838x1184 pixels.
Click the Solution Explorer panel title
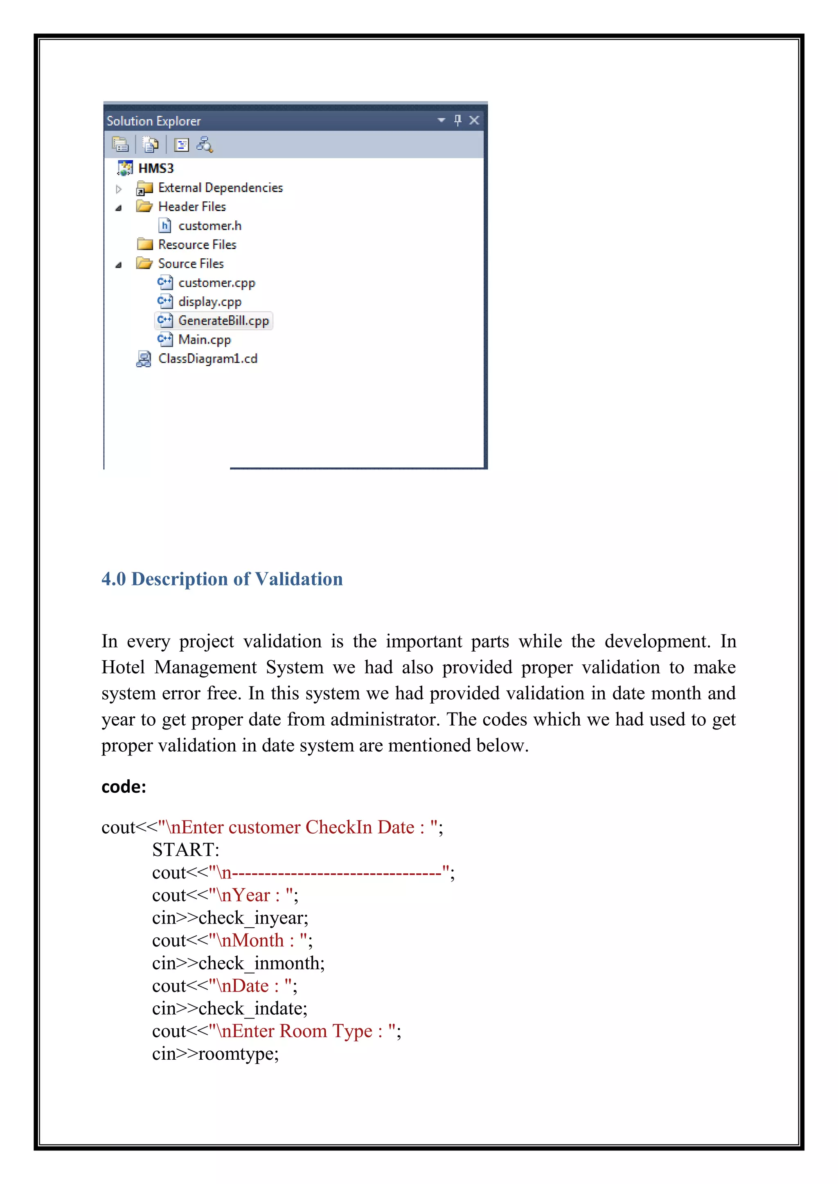153,121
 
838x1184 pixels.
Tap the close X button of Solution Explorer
474,120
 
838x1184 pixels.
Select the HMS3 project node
156,168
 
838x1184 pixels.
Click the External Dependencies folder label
220,188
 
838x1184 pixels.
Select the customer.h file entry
209,226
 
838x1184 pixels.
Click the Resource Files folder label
197,245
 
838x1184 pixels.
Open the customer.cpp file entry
217,283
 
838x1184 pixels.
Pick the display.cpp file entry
209,302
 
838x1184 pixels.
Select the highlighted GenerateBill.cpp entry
223,321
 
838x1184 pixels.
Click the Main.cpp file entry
204,340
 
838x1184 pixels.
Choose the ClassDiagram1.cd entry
207,359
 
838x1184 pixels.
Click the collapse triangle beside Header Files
119,208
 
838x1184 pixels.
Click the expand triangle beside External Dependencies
119,189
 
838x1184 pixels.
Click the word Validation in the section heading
299,579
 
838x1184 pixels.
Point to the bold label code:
124,787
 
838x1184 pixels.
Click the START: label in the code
186,850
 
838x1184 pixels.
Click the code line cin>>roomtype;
215,1054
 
